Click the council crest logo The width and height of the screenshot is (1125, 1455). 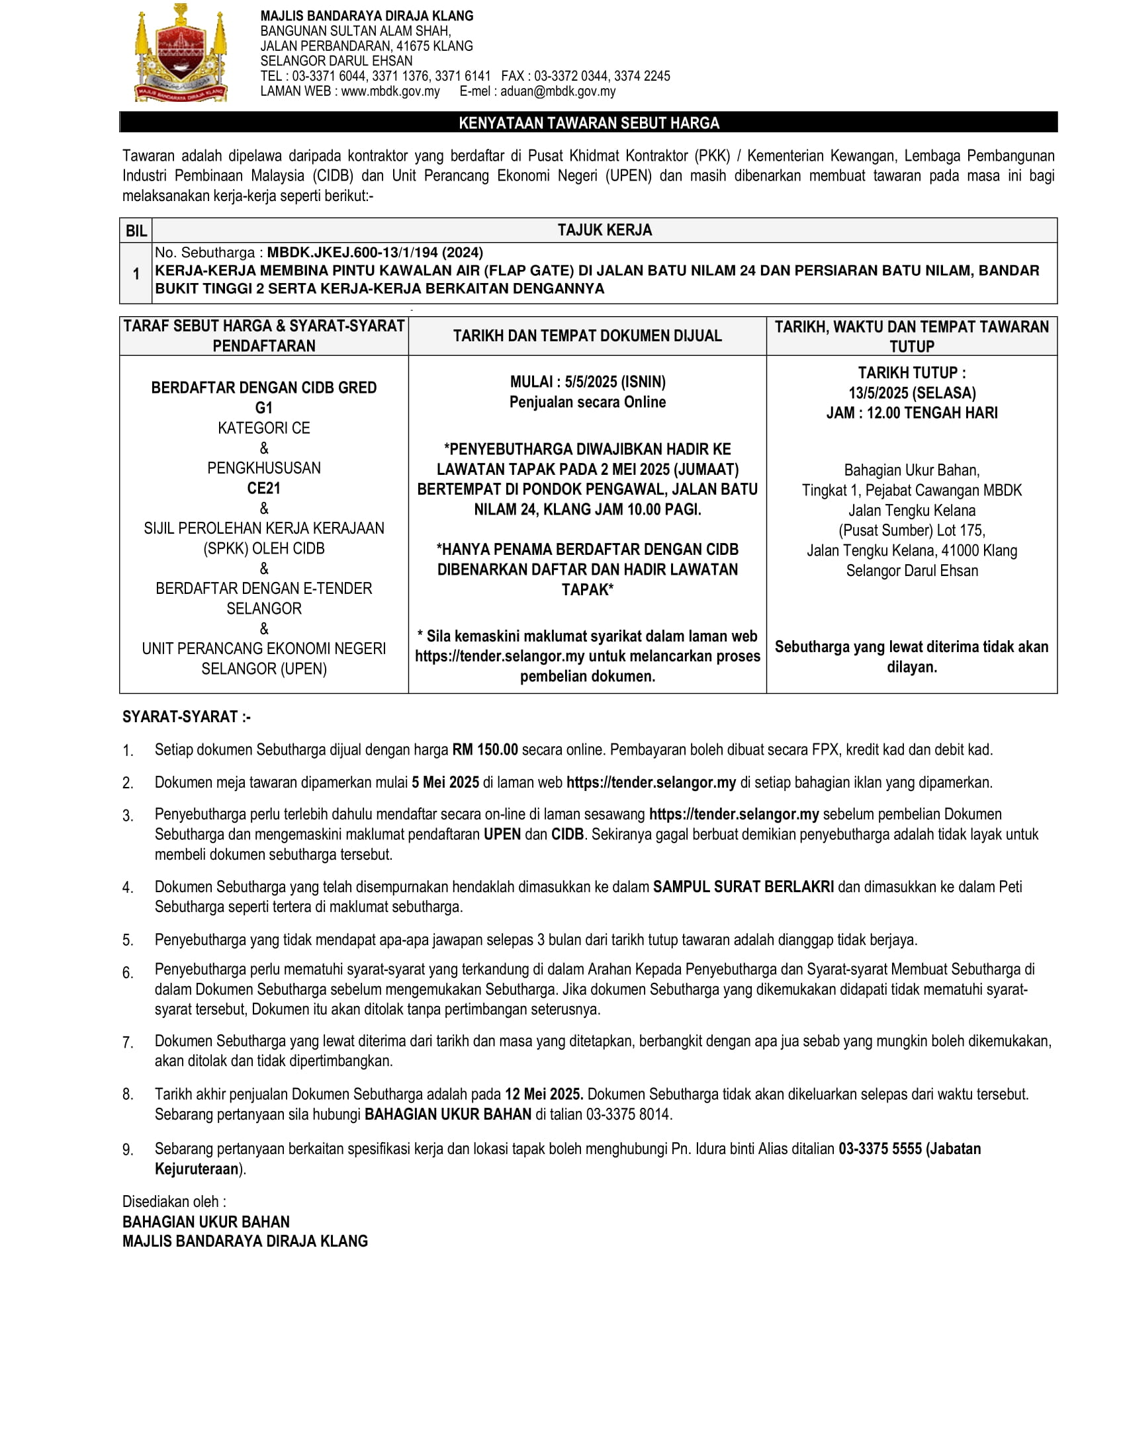pos(181,54)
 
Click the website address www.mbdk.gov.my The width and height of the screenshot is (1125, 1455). pos(390,91)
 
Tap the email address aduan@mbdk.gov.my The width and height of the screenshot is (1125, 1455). pos(558,91)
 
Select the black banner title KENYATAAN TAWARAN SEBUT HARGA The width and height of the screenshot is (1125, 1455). pos(588,122)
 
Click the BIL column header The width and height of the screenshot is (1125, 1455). pos(136,231)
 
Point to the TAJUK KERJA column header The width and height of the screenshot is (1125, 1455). pos(604,230)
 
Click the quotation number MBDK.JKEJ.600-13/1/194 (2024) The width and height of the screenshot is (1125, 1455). pos(375,253)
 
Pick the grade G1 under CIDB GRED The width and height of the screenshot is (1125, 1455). pos(264,407)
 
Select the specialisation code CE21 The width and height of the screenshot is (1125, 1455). pos(264,488)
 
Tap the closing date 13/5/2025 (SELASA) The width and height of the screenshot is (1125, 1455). pos(912,393)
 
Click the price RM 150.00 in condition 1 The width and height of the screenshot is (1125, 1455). pos(484,749)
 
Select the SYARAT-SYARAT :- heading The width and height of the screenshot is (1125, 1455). pos(186,717)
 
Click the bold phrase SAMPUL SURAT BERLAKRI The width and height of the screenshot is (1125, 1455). pos(743,887)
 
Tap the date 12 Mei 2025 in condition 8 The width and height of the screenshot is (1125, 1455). pos(543,1094)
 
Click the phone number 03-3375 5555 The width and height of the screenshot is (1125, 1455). pos(879,1149)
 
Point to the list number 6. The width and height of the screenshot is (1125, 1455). pos(127,974)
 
